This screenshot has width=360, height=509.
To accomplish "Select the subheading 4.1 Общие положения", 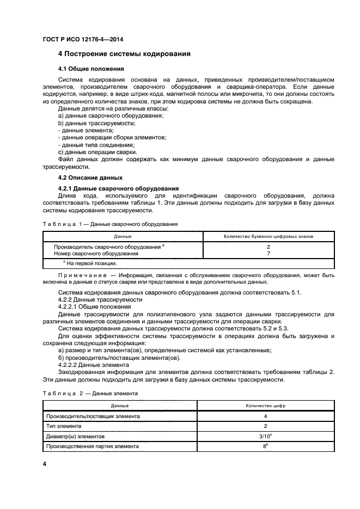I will [91, 69].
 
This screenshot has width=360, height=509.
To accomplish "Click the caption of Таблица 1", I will [109, 224].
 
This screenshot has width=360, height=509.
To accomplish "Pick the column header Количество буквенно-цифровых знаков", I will [269, 236].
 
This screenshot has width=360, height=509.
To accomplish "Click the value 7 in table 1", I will [269, 254].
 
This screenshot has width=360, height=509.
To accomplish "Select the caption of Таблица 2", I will [90, 393].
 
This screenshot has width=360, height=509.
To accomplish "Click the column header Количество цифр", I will [265, 406].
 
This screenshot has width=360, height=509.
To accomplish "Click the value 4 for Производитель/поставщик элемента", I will [265, 416].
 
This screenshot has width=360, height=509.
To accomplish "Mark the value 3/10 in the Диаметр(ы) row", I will [265, 436].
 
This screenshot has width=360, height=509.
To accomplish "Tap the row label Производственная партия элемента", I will [93, 446].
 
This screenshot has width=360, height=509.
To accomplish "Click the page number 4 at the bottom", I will [45, 464].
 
